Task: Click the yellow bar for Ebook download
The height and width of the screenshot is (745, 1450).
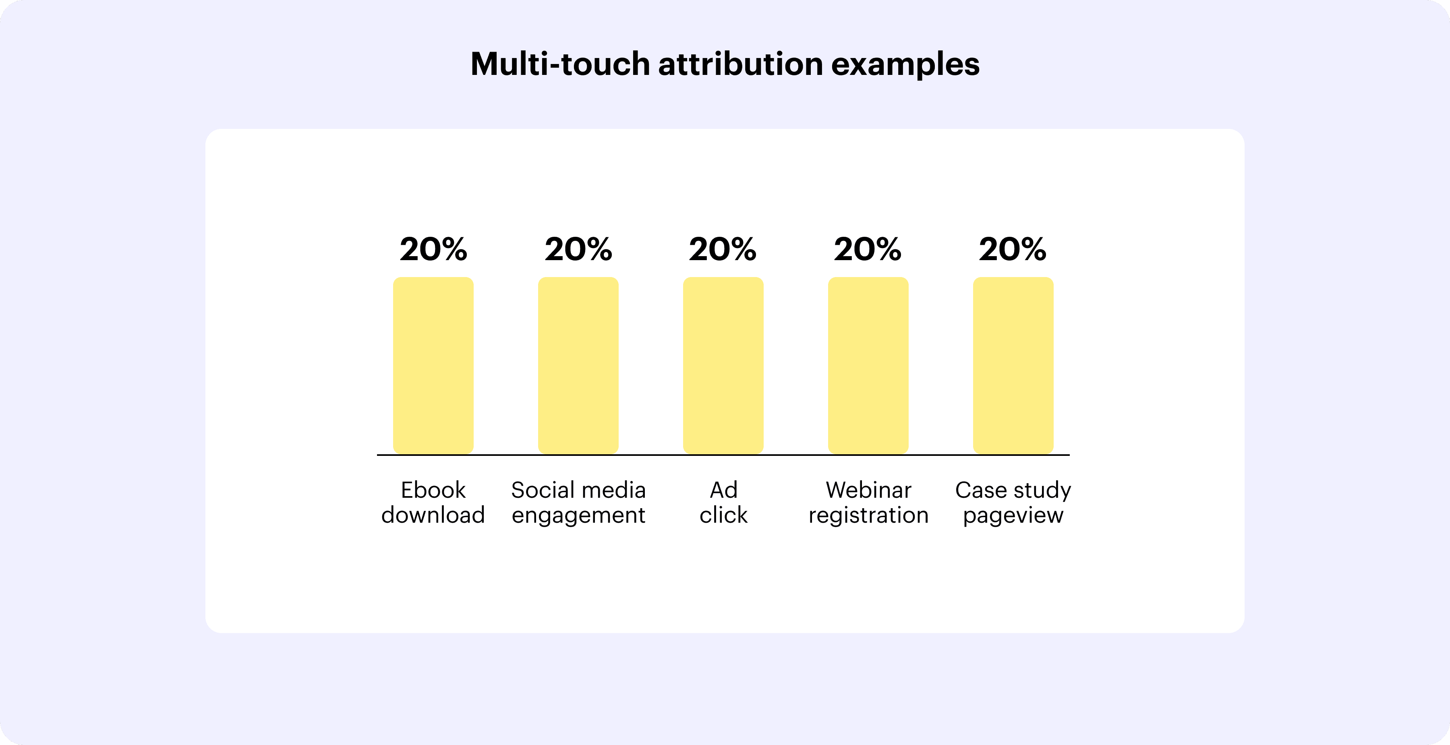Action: pyautogui.click(x=433, y=365)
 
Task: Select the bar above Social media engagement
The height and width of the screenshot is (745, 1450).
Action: pyautogui.click(x=578, y=365)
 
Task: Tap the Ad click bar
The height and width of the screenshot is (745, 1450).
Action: pyautogui.click(x=723, y=365)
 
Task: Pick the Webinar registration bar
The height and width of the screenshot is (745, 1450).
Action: pyautogui.click(x=868, y=365)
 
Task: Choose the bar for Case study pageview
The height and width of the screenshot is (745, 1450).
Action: pyautogui.click(x=1013, y=365)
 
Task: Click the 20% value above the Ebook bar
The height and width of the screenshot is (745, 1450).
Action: pyautogui.click(x=433, y=249)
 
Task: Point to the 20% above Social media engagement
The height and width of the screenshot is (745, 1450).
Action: pyautogui.click(x=578, y=249)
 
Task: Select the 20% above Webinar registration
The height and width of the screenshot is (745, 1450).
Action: pyautogui.click(x=868, y=249)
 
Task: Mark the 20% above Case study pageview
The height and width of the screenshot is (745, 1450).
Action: pyautogui.click(x=1013, y=249)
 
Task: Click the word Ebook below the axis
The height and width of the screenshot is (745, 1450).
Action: pyautogui.click(x=433, y=490)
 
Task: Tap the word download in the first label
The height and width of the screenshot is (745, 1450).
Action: pyautogui.click(x=433, y=515)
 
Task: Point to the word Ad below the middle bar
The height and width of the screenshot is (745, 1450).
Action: pyautogui.click(x=724, y=490)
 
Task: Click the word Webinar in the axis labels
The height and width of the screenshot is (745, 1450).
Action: pyautogui.click(x=868, y=490)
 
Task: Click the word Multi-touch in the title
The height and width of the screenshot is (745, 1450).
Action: pyautogui.click(x=561, y=64)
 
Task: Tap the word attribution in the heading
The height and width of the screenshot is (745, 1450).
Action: pyautogui.click(x=741, y=64)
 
